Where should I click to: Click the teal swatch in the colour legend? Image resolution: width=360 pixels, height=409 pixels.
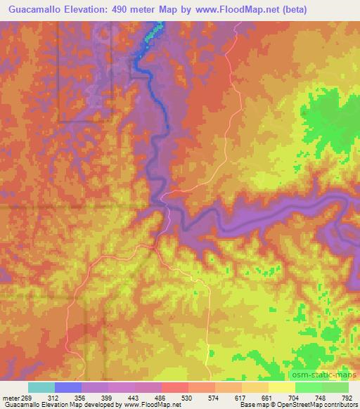pyautogui.click(x=41, y=387)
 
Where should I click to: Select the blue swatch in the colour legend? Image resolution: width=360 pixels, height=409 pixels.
pyautogui.click(x=68, y=387)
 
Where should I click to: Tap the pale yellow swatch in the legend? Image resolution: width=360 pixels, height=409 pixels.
pyautogui.click(x=282, y=387)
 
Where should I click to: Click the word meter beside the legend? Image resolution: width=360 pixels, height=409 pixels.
pyautogui.click(x=10, y=397)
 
